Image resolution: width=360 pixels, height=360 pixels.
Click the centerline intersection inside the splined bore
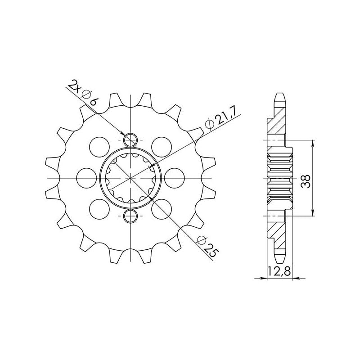tap(130, 178)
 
